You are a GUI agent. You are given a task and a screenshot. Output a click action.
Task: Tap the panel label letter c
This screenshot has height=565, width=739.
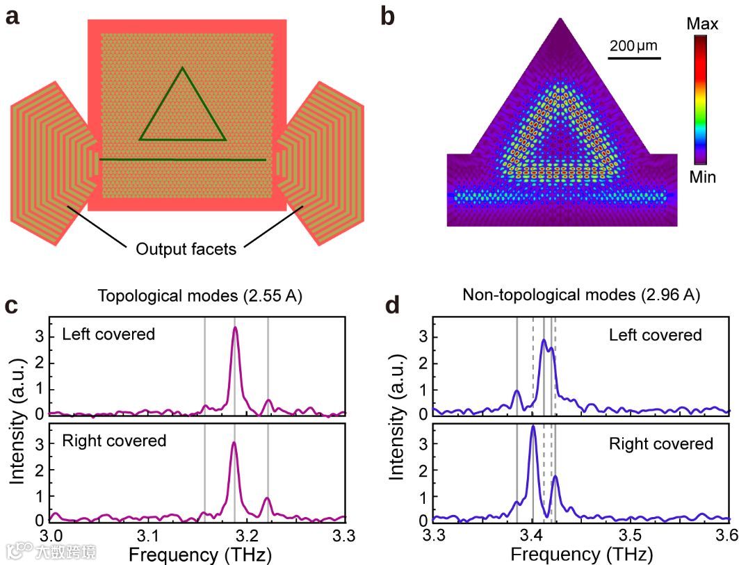[12, 306]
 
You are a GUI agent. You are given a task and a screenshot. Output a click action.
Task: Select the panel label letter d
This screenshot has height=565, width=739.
[393, 306]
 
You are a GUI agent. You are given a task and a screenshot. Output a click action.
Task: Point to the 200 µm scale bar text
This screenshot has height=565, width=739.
[633, 47]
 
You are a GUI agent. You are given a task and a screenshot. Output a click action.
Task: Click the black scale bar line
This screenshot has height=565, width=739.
[633, 58]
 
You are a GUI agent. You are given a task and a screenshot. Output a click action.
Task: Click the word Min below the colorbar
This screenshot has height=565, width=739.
[702, 177]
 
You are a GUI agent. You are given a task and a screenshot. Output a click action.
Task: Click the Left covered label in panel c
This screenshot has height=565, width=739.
[108, 334]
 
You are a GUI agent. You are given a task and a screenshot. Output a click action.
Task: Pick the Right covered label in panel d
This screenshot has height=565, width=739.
[660, 443]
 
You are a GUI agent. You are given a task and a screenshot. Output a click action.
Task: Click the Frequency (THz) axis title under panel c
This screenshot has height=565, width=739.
[200, 554]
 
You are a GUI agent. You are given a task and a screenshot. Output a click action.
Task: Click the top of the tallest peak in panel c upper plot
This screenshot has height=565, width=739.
[235, 327]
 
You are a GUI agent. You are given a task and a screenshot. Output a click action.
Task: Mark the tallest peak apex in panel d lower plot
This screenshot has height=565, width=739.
[533, 426]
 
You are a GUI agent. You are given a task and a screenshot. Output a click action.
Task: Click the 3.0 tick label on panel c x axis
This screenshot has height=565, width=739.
[51, 536]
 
